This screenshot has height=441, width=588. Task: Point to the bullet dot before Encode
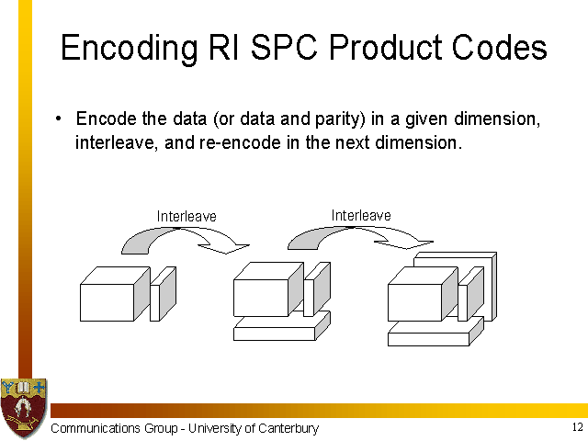click(58, 119)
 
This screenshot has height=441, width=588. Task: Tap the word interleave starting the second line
click(107, 144)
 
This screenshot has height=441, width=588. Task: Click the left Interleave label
click(187, 217)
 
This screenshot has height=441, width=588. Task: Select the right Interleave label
click(361, 215)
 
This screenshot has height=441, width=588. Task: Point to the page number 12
click(576, 428)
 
